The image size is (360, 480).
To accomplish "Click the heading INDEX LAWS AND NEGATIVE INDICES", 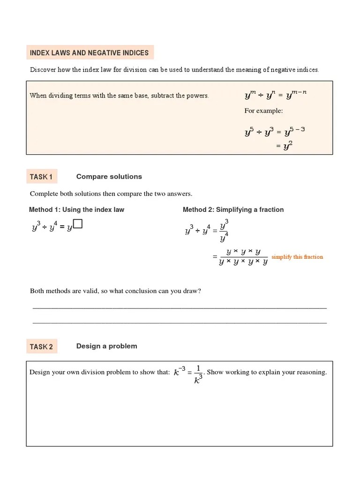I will pyautogui.click(x=89, y=53).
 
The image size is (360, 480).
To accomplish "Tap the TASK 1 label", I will pyautogui.click(x=41, y=177).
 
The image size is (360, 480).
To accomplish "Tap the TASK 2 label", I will pyautogui.click(x=41, y=347).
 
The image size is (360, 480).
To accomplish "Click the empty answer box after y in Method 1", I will pyautogui.click(x=78, y=225).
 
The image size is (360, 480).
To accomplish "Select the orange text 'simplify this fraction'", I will pyautogui.click(x=297, y=257).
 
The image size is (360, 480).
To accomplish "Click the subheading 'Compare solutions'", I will pyautogui.click(x=109, y=177).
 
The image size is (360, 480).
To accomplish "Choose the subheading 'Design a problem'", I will pyautogui.click(x=106, y=346).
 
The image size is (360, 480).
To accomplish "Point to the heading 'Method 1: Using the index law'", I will pyautogui.click(x=77, y=210).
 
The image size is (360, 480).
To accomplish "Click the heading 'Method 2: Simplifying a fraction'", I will pyautogui.click(x=233, y=210).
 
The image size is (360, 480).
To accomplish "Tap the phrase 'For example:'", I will pyautogui.click(x=263, y=111).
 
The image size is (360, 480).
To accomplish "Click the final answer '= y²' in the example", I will pyautogui.click(x=285, y=146).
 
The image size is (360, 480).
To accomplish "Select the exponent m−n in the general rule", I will pyautogui.click(x=299, y=92).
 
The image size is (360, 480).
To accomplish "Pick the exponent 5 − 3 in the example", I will pyautogui.click(x=296, y=129).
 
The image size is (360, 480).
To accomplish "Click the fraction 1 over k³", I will pyautogui.click(x=198, y=373).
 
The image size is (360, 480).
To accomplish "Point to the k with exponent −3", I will pyautogui.click(x=179, y=372).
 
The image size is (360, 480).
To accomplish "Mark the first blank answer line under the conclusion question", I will pyautogui.click(x=180, y=308).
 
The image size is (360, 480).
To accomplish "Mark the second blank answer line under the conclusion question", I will pyautogui.click(x=180, y=322).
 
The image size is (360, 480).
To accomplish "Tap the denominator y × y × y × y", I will pyautogui.click(x=243, y=262).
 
